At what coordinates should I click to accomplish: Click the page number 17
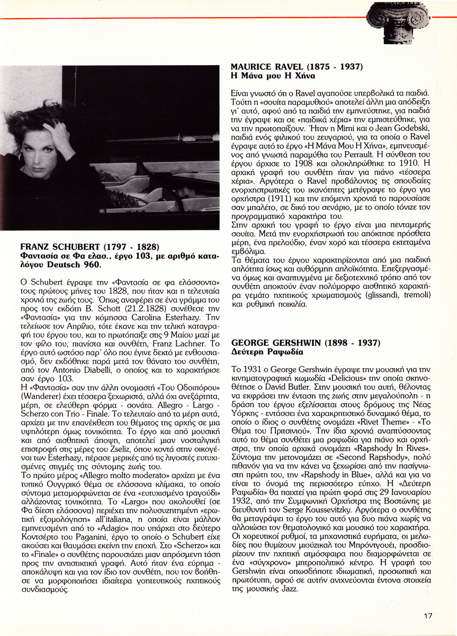428,615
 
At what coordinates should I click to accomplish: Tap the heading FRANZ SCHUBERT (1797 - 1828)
90,246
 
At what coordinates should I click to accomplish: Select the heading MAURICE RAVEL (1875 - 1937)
297,67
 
